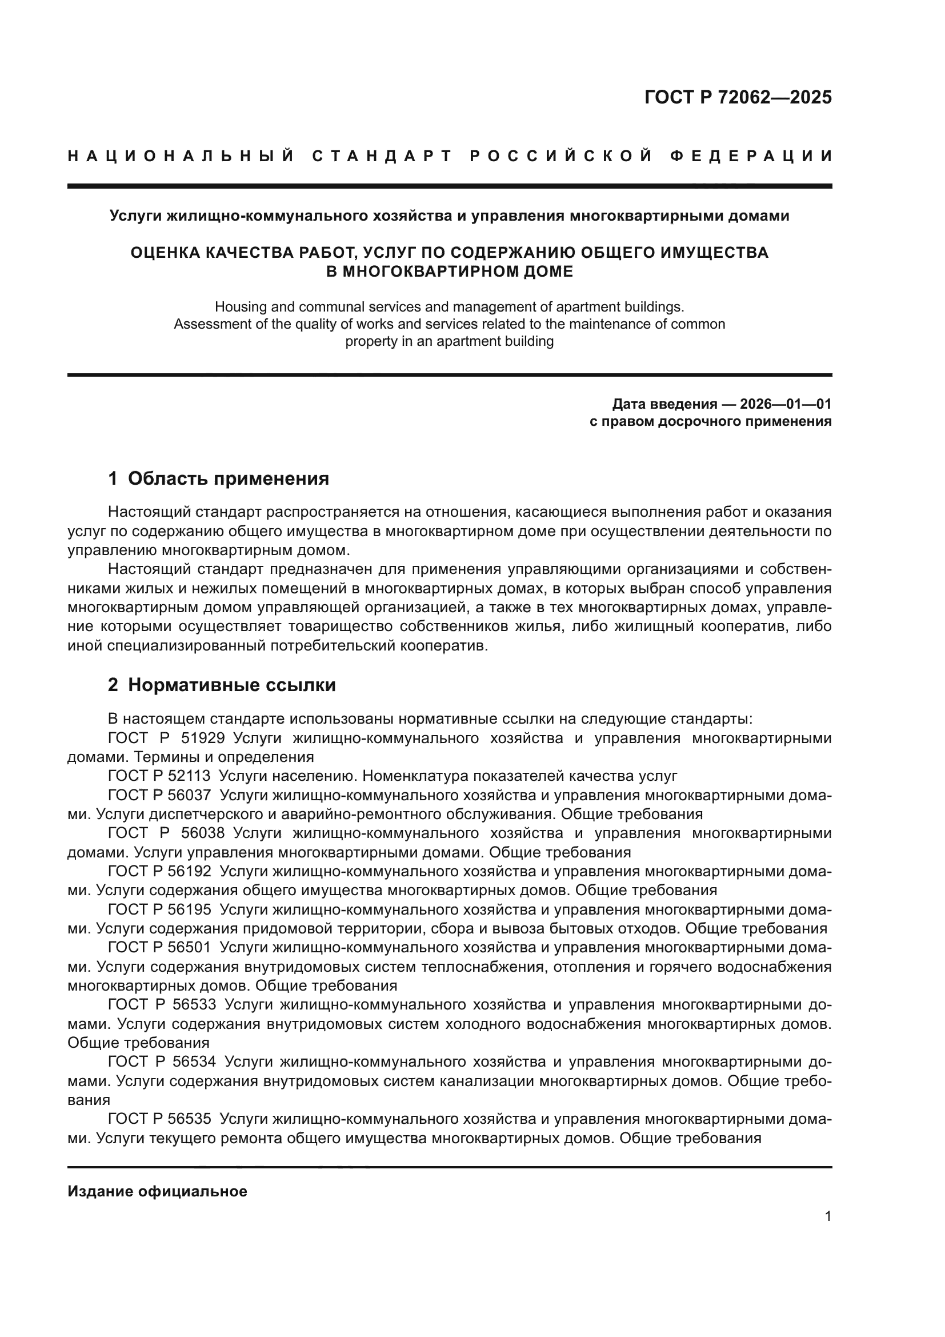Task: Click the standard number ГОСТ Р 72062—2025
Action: click(738, 97)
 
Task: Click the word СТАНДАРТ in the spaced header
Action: click(382, 156)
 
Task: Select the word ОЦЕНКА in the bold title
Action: click(166, 253)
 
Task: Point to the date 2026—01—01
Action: click(786, 404)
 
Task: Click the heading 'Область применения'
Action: click(228, 478)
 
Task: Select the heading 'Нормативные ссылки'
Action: click(231, 685)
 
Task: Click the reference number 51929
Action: click(202, 739)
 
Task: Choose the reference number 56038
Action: click(202, 833)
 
